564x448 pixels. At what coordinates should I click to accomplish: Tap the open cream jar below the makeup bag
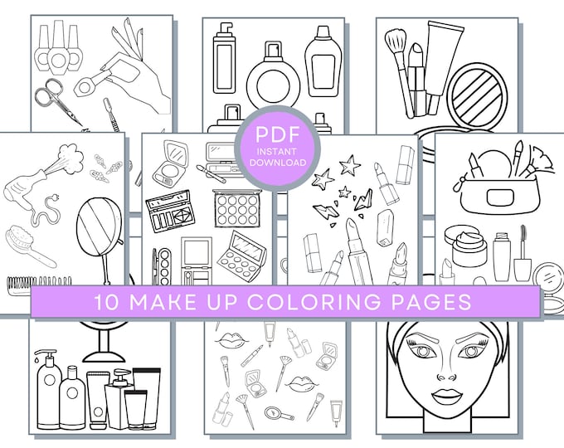(x=465, y=242)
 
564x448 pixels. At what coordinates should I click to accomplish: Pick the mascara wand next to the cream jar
(x=523, y=252)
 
